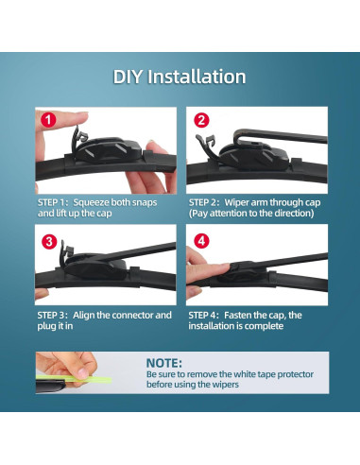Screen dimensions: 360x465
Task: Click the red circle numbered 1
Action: click(x=48, y=120)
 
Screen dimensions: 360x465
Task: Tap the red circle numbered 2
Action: click(x=201, y=120)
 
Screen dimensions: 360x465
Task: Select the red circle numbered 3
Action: click(x=49, y=242)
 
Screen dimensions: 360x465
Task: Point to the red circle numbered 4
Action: click(x=201, y=241)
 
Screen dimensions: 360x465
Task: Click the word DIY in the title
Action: click(x=128, y=77)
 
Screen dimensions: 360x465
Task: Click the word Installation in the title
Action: click(x=197, y=77)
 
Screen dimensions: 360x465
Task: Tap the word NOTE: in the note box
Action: click(x=164, y=363)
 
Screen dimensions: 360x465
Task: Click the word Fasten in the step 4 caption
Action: click(x=238, y=315)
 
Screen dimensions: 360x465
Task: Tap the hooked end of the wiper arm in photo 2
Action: click(x=238, y=136)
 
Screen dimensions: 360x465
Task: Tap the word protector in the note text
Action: click(x=295, y=374)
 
